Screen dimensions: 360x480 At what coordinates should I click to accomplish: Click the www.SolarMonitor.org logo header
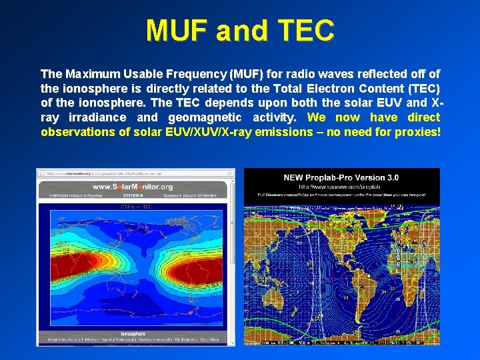[x=133, y=187]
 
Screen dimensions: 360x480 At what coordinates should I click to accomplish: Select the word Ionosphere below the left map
[x=133, y=333]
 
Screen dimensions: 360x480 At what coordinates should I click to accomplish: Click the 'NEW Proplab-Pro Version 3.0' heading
[x=341, y=177]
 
